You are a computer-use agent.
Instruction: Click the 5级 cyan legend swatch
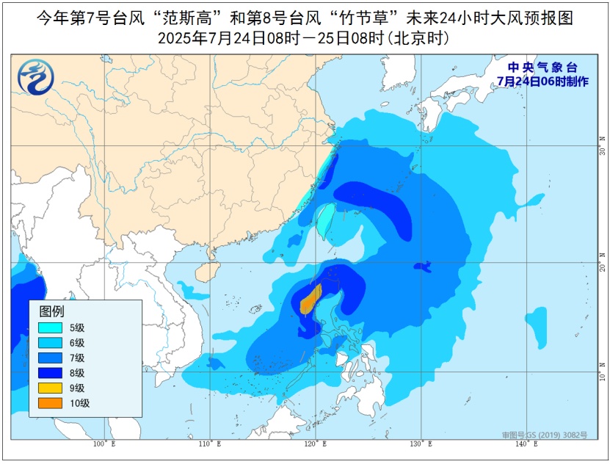52,328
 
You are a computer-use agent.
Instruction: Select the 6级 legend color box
52,343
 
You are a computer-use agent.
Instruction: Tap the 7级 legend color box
52,358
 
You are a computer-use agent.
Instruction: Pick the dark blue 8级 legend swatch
52,373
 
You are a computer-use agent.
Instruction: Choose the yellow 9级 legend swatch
52,388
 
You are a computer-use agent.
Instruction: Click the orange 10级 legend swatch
52,402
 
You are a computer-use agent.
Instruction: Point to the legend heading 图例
51,311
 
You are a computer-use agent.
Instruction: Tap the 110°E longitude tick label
209,444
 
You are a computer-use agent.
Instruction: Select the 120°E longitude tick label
314,444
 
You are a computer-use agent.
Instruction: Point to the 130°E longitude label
420,444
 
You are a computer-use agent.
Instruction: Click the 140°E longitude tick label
525,444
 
